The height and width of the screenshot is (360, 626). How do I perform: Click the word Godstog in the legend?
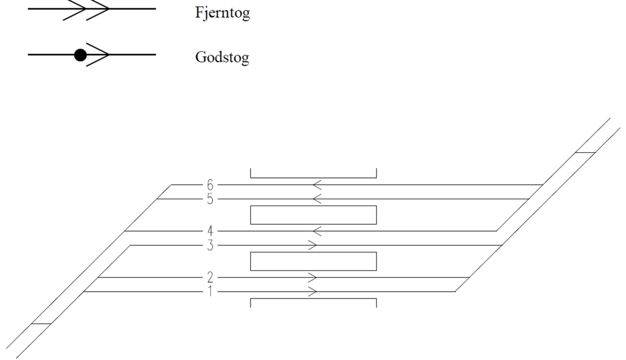(222, 58)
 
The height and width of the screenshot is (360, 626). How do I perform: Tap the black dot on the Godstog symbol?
(81, 55)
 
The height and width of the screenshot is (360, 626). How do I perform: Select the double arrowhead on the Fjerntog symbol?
(86, 9)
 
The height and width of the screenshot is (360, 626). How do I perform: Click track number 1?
(210, 292)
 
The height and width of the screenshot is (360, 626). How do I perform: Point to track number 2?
(210, 277)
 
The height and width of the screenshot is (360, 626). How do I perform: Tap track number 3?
(210, 245)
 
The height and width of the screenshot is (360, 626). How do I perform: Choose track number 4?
(210, 231)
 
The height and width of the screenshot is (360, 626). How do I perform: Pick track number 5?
(210, 199)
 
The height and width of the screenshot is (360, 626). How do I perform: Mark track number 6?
(210, 185)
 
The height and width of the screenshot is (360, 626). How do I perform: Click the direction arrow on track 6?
(317, 185)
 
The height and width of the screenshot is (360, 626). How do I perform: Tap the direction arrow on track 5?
(317, 199)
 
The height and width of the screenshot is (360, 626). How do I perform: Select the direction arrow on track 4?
(317, 231)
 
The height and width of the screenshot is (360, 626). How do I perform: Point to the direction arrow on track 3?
(313, 245)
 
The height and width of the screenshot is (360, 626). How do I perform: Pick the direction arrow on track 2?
(313, 277)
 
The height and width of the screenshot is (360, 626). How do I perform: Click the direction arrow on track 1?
(313, 292)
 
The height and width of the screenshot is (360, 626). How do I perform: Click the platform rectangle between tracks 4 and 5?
(313, 206)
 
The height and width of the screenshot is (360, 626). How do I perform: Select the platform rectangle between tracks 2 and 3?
(313, 252)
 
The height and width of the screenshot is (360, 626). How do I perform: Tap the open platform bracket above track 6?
(313, 178)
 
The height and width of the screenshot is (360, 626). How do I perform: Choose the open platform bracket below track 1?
(313, 299)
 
